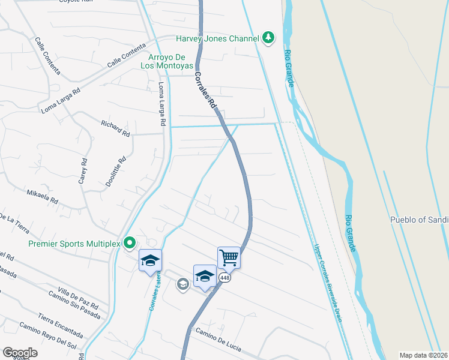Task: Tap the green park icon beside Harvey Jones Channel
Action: [x=268, y=38]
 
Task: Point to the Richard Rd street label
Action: [x=115, y=128]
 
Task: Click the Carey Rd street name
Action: [x=84, y=170]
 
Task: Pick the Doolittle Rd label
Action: [x=116, y=172]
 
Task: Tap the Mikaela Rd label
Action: [x=42, y=196]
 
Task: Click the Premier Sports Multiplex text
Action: [x=74, y=244]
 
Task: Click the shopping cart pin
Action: [x=229, y=258]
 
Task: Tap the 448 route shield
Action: [x=224, y=278]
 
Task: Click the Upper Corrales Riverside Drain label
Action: [x=327, y=282]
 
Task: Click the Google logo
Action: [x=20, y=352]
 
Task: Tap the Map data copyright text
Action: [x=423, y=355]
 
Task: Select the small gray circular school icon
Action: [x=182, y=284]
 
